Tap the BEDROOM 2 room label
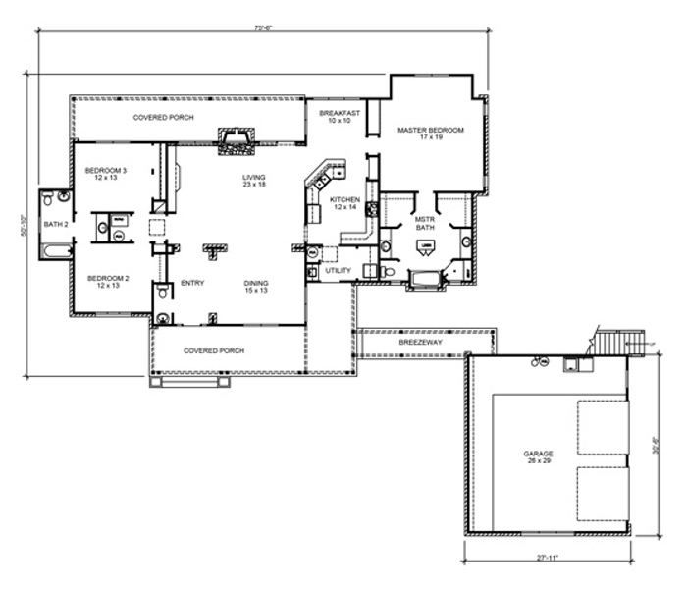pos(102,282)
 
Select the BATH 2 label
pos(56,224)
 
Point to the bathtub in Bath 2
pos(57,251)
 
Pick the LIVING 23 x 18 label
pos(254,182)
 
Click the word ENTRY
pos(191,284)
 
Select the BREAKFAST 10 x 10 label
pos(340,118)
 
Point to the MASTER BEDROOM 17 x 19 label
pos(430,134)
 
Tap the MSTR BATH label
pos(424,223)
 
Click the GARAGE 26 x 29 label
pos(538,456)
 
